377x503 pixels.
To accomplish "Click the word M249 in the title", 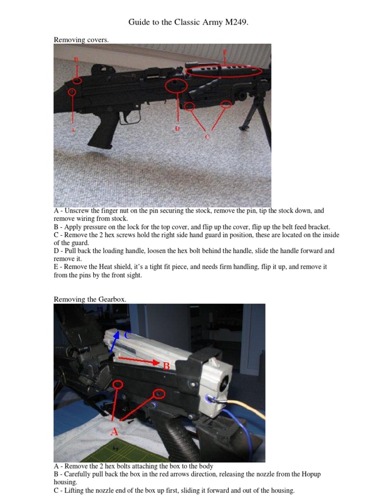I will pos(232,22).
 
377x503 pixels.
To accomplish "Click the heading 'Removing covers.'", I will pos(81,40).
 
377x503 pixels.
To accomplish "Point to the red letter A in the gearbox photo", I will pos(114,432).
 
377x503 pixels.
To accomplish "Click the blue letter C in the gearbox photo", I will pos(128,335).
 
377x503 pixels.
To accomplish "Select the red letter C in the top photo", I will pos(207,136).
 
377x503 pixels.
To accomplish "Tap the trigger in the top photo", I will pos(131,117).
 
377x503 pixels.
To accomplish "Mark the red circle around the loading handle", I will pos(176,86).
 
